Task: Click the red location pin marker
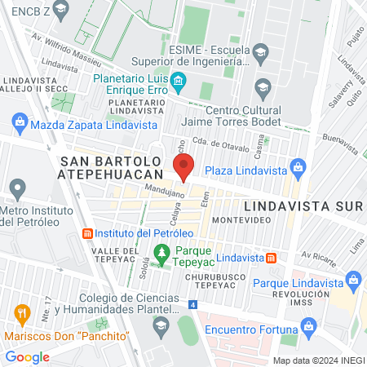tap(184, 166)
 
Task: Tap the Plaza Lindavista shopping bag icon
tap(298, 170)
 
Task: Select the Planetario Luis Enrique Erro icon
tap(179, 80)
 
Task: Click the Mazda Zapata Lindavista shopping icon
tap(20, 124)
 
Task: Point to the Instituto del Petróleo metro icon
tap(88, 232)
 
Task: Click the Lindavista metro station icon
tap(272, 258)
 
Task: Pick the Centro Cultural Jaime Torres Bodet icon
tap(262, 87)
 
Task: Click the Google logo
tap(28, 356)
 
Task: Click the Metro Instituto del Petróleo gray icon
tap(16, 191)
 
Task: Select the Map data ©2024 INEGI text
tap(318, 360)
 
